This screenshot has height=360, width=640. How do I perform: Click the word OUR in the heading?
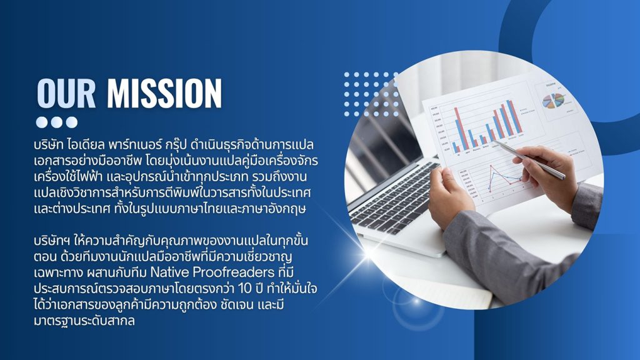66,93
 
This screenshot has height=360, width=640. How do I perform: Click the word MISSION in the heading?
164,93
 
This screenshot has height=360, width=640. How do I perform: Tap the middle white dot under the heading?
57,122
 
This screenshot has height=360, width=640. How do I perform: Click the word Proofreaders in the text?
234,272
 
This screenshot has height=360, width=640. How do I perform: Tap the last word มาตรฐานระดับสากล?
84,321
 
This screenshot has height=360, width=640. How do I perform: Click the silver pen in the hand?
529,159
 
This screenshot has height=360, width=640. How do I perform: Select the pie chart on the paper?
554,101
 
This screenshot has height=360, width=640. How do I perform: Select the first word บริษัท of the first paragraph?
49,145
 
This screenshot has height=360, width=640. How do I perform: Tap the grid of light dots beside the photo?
371,94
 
